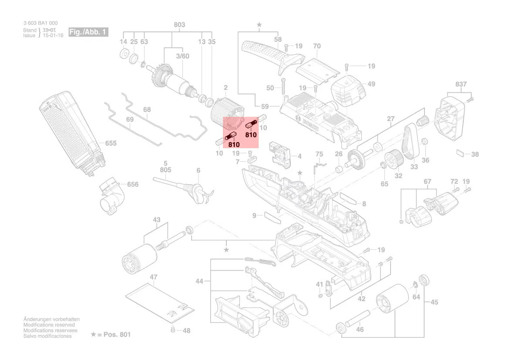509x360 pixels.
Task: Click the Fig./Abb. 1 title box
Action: point(88,32)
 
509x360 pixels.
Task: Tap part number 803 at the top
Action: point(179,25)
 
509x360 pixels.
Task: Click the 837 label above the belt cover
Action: point(461,84)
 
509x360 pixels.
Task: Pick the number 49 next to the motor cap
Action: point(371,84)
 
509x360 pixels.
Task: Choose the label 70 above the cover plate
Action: point(317,46)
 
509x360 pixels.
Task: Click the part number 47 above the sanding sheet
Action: point(153,277)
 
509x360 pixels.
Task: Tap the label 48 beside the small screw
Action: point(186,331)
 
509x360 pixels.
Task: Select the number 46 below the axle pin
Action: point(360,329)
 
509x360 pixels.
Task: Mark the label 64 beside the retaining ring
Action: point(416,297)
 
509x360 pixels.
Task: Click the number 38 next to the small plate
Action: point(475,154)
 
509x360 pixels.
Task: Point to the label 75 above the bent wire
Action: point(319,154)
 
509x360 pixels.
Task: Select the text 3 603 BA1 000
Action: point(40,23)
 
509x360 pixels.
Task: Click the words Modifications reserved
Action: point(49,325)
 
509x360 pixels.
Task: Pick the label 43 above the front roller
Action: point(156,219)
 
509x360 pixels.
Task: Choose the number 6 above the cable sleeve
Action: point(198,170)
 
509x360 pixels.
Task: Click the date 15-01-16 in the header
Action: point(53,35)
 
